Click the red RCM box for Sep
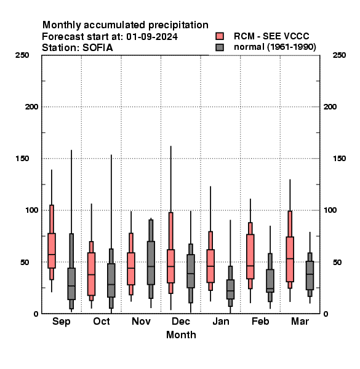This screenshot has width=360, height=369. click(x=52, y=250)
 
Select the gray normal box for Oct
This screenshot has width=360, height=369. click(x=111, y=280)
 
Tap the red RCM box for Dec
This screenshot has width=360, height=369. click(x=171, y=266)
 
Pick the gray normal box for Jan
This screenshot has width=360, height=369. click(x=231, y=289)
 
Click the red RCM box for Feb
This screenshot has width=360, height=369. click(x=250, y=256)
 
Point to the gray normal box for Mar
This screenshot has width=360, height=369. click(x=310, y=276)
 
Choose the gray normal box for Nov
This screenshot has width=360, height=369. click(x=151, y=263)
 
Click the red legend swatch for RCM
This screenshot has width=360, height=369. click(x=220, y=36)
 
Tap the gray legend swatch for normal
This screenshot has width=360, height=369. click(x=220, y=47)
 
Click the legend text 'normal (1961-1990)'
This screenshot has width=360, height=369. click(x=274, y=47)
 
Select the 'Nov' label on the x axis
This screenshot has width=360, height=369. click(x=141, y=321)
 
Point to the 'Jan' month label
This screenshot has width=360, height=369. click(x=221, y=321)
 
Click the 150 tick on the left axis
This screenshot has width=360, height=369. click(x=22, y=159)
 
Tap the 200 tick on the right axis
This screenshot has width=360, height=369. click(x=330, y=106)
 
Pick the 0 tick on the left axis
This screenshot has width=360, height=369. click(x=36, y=314)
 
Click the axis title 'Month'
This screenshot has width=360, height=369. click(x=181, y=335)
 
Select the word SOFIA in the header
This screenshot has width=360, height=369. click(x=98, y=48)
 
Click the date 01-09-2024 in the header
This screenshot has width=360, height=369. click(x=152, y=37)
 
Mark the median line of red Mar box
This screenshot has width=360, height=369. click(x=290, y=259)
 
